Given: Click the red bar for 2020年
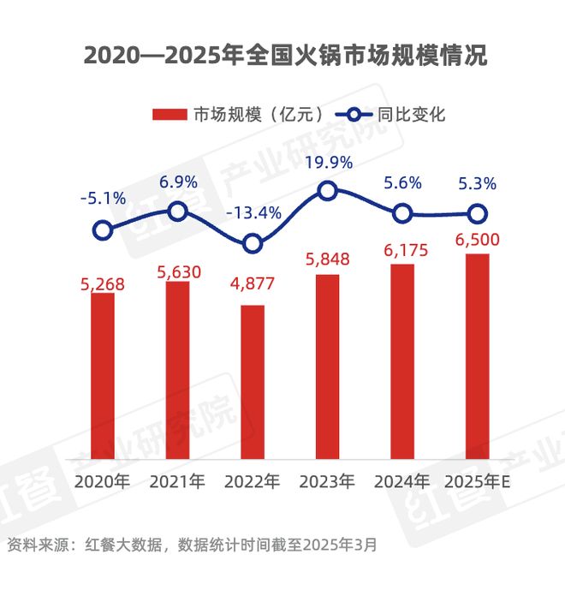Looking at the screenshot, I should [103, 376].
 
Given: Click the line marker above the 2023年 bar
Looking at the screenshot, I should [327, 191].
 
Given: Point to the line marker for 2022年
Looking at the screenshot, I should [253, 244].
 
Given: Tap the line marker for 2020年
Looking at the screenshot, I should [103, 229].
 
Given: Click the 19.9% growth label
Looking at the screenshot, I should [328, 163].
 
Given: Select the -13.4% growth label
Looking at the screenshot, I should [253, 213].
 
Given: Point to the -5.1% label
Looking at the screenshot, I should [103, 199].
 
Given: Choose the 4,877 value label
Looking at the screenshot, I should [253, 289].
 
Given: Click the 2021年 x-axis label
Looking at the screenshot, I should [177, 481].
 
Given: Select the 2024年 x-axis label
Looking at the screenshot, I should [402, 481].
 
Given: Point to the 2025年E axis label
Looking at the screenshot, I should [478, 481].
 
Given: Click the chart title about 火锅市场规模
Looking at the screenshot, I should [282, 57].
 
